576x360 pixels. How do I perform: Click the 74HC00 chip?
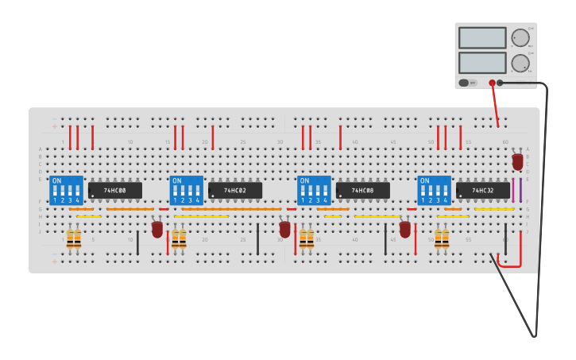tap(115, 191)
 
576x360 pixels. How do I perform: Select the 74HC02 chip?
tap(235, 191)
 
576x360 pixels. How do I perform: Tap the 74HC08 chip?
tap(363, 191)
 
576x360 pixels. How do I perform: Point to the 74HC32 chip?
tap(483, 191)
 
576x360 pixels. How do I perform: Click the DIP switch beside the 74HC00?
tap(66, 191)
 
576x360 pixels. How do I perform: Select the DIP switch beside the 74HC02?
tap(187, 191)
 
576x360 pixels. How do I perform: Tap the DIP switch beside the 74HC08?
tap(314, 191)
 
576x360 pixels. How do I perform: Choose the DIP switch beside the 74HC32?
tap(434, 191)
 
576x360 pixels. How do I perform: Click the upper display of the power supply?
tap(481, 38)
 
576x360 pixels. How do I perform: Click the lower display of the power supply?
tap(481, 63)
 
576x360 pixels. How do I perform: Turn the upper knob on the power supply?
tap(520, 38)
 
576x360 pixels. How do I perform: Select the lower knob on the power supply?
tap(520, 63)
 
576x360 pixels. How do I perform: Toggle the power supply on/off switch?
tap(464, 82)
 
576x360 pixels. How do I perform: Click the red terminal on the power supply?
tap(492, 83)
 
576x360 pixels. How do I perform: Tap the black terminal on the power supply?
tap(500, 83)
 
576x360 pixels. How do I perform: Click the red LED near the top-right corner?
tap(517, 161)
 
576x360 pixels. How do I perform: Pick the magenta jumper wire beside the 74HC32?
tap(512, 191)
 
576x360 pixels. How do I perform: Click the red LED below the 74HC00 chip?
tap(157, 229)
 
